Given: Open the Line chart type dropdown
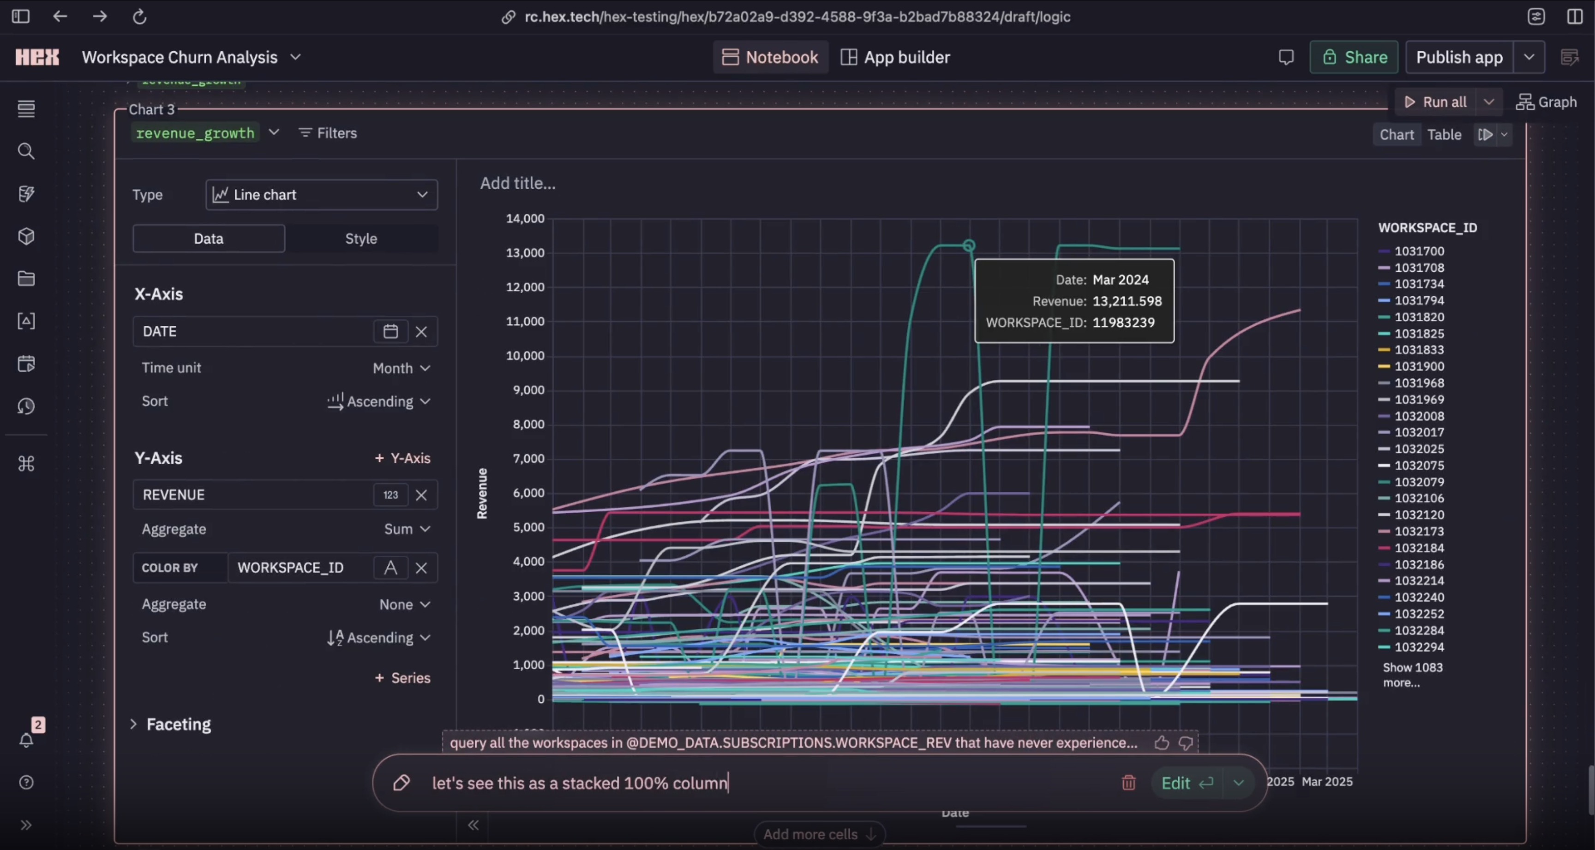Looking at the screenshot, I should pyautogui.click(x=321, y=195).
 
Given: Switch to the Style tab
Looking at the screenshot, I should pyautogui.click(x=361, y=239).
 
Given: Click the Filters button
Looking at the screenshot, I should pyautogui.click(x=328, y=133).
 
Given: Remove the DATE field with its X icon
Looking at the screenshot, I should pyautogui.click(x=421, y=332).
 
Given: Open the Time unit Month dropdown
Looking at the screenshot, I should pyautogui.click(x=401, y=368).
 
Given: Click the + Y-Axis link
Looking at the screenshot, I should pyautogui.click(x=402, y=458).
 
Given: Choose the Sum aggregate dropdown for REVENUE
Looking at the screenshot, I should pyautogui.click(x=407, y=529).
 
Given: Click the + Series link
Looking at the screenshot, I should pyautogui.click(x=402, y=678).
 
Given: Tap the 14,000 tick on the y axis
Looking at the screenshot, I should pyautogui.click(x=525, y=219).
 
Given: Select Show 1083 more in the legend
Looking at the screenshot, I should pyautogui.click(x=1412, y=675).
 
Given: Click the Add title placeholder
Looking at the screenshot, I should pyautogui.click(x=518, y=183).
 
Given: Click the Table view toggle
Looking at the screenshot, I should pyautogui.click(x=1444, y=135).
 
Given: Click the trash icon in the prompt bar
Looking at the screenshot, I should pyautogui.click(x=1128, y=783).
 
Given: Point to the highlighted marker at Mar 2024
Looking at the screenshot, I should pyautogui.click(x=969, y=246).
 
